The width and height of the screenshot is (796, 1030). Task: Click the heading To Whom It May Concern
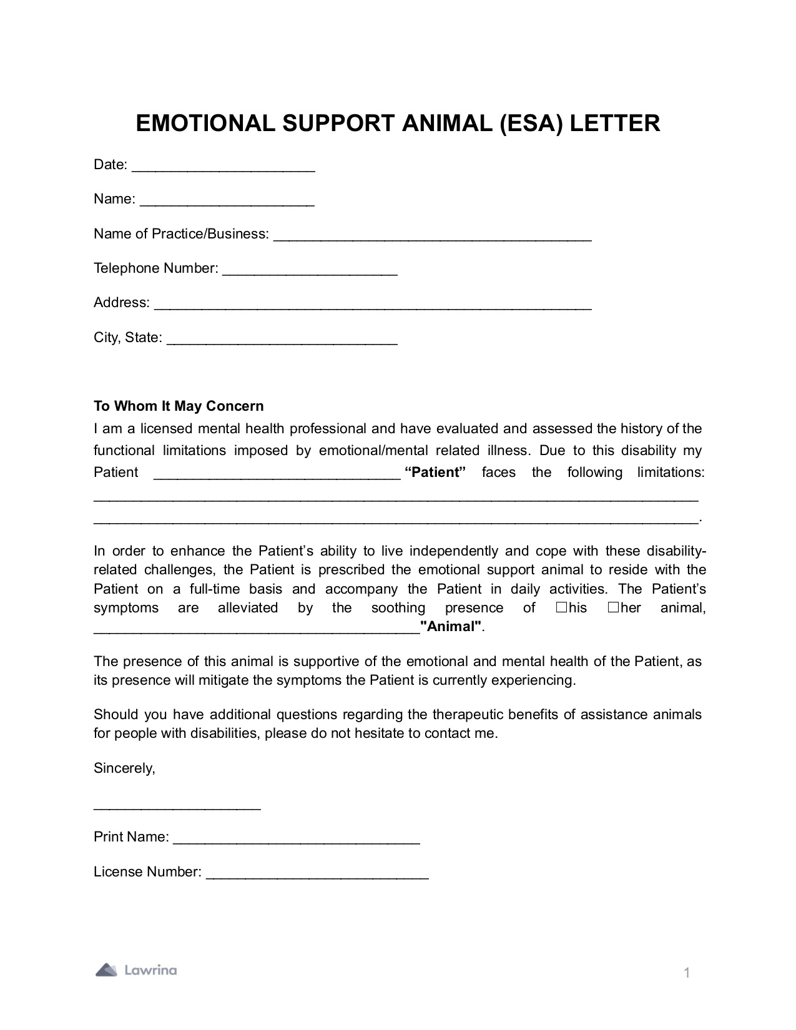[179, 406]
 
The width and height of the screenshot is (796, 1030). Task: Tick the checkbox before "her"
[613, 607]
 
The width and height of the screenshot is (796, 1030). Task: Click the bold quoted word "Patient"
[436, 473]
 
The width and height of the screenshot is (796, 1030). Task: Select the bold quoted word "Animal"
[452, 627]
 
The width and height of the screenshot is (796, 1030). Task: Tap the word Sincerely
[124, 768]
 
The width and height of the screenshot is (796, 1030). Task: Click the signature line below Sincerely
[177, 807]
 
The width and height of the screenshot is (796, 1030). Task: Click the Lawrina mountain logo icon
[106, 970]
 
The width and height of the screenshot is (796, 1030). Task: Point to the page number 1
[687, 973]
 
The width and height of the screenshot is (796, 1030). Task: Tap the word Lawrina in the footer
[150, 970]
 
